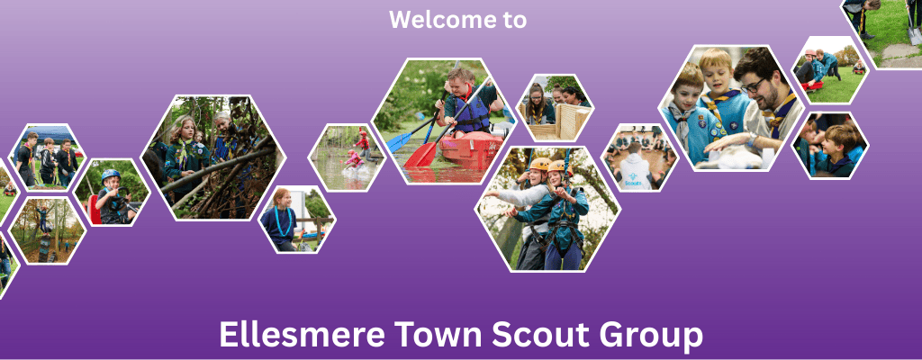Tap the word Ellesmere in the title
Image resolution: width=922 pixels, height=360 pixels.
(303, 335)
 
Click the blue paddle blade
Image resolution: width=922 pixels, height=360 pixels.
(399, 140)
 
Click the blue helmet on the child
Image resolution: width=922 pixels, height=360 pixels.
(110, 175)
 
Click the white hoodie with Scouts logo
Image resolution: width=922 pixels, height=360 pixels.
(636, 173)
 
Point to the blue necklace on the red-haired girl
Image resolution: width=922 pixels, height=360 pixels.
(284, 220)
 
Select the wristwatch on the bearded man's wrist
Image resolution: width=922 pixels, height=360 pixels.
(753, 140)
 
